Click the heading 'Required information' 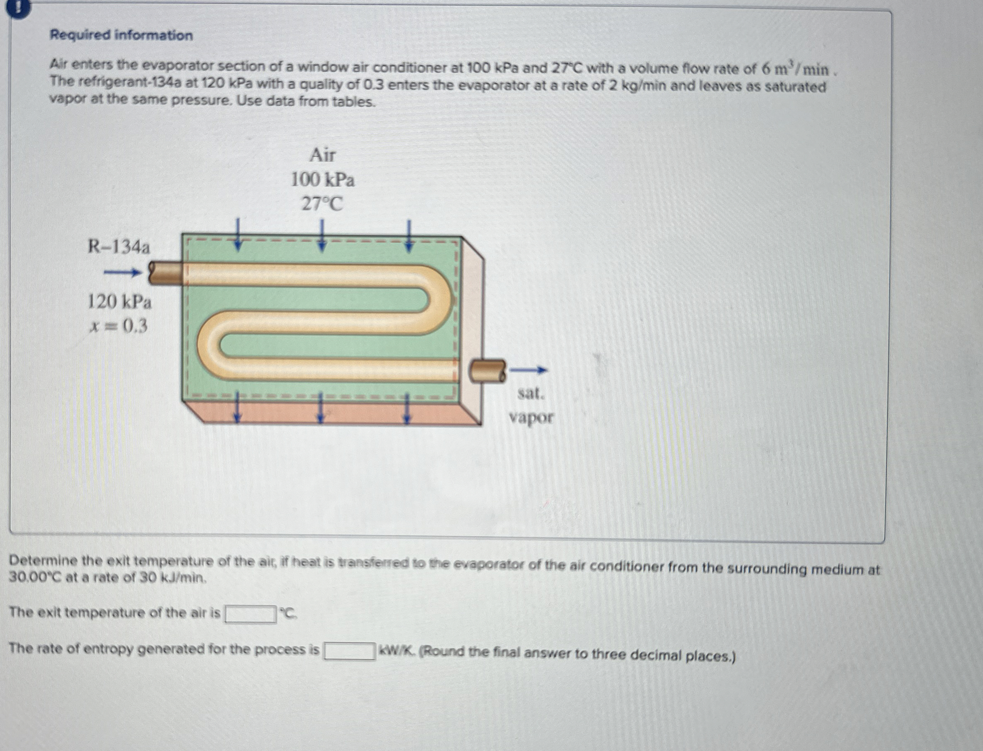(121, 35)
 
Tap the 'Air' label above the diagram (323, 156)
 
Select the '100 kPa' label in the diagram (323, 180)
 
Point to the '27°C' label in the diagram (322, 204)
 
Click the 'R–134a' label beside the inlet (119, 247)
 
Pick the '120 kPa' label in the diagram (119, 303)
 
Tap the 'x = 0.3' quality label (119, 328)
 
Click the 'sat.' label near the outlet (531, 393)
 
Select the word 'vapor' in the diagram (531, 418)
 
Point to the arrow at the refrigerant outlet (528, 370)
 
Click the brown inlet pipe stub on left (166, 274)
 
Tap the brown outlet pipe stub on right (487, 371)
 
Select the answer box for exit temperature (250, 614)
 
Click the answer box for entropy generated (349, 651)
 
